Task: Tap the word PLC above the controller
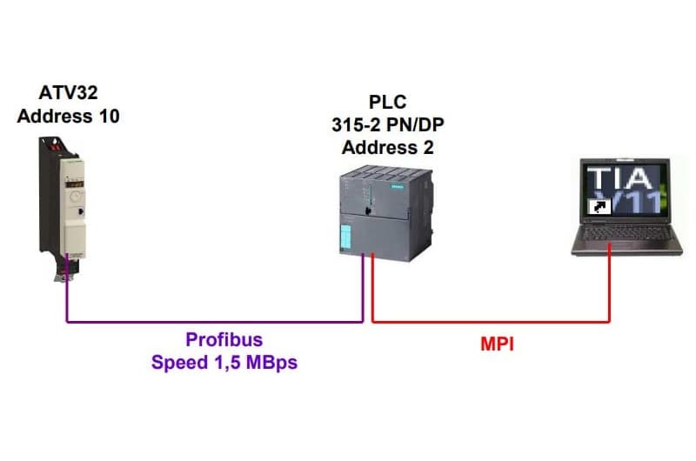pyautogui.click(x=387, y=104)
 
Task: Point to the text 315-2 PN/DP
pyautogui.click(x=387, y=125)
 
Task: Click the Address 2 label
pyautogui.click(x=387, y=147)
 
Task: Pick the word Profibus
pyautogui.click(x=224, y=339)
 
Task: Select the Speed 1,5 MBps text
pyautogui.click(x=224, y=363)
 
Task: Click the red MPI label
pyautogui.click(x=498, y=344)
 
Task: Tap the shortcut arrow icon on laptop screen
pyautogui.click(x=598, y=207)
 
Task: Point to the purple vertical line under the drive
pyautogui.click(x=67, y=300)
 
